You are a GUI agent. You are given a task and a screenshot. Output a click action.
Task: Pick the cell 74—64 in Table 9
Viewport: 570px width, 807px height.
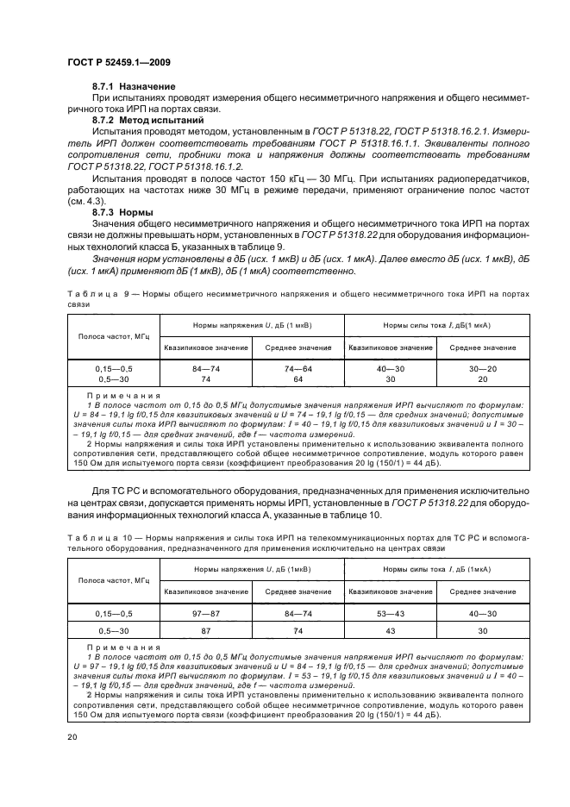click(298, 368)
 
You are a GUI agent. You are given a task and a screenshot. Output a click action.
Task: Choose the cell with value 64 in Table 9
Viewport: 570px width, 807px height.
click(298, 378)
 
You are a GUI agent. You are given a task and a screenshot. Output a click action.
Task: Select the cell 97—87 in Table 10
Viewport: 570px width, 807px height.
click(205, 613)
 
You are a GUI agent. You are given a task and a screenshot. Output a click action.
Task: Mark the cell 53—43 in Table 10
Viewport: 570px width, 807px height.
click(390, 613)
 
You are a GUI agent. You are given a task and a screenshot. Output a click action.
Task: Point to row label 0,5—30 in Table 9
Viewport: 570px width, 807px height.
click(114, 378)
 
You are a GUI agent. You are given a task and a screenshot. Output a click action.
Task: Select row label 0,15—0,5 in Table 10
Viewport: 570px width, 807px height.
click(114, 613)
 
